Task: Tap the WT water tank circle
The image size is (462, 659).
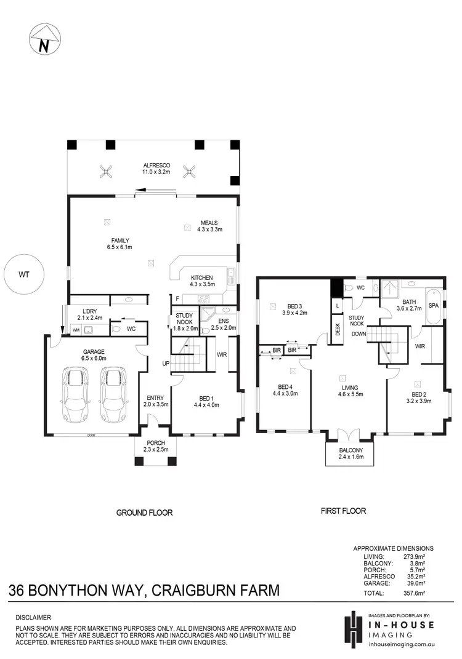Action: pyautogui.click(x=23, y=274)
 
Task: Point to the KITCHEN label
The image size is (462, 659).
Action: pyautogui.click(x=201, y=277)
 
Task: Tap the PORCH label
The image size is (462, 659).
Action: pyautogui.click(x=154, y=443)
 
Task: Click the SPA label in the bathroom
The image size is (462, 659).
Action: pyautogui.click(x=433, y=305)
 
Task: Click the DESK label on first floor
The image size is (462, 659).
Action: pyautogui.click(x=337, y=329)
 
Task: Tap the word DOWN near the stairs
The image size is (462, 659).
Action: pyautogui.click(x=360, y=333)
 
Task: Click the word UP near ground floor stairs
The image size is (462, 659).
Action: pyautogui.click(x=165, y=364)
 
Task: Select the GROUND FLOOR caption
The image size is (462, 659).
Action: pyautogui.click(x=145, y=512)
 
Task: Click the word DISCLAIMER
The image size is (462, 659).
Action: pyautogui.click(x=34, y=617)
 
